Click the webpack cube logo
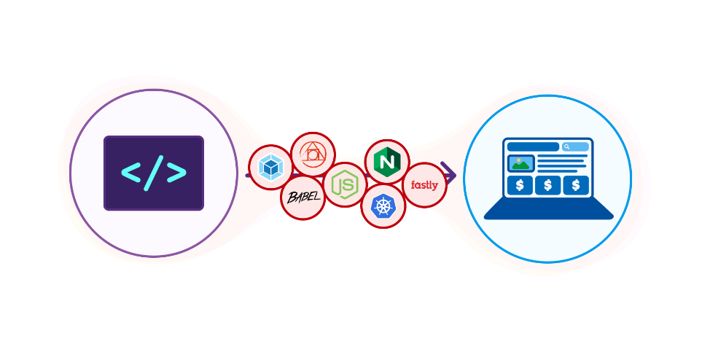270,168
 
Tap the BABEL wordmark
303,197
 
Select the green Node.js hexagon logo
345,184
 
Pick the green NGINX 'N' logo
386,162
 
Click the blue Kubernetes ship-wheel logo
383,206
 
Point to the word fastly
424,185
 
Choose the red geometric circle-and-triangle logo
313,154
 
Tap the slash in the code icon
154,173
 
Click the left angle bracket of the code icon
131,173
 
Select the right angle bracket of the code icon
176,173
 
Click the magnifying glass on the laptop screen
567,146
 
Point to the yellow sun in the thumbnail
518,160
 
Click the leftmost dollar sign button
520,185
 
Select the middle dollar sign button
547,185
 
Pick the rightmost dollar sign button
576,185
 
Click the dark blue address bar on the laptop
533,146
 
